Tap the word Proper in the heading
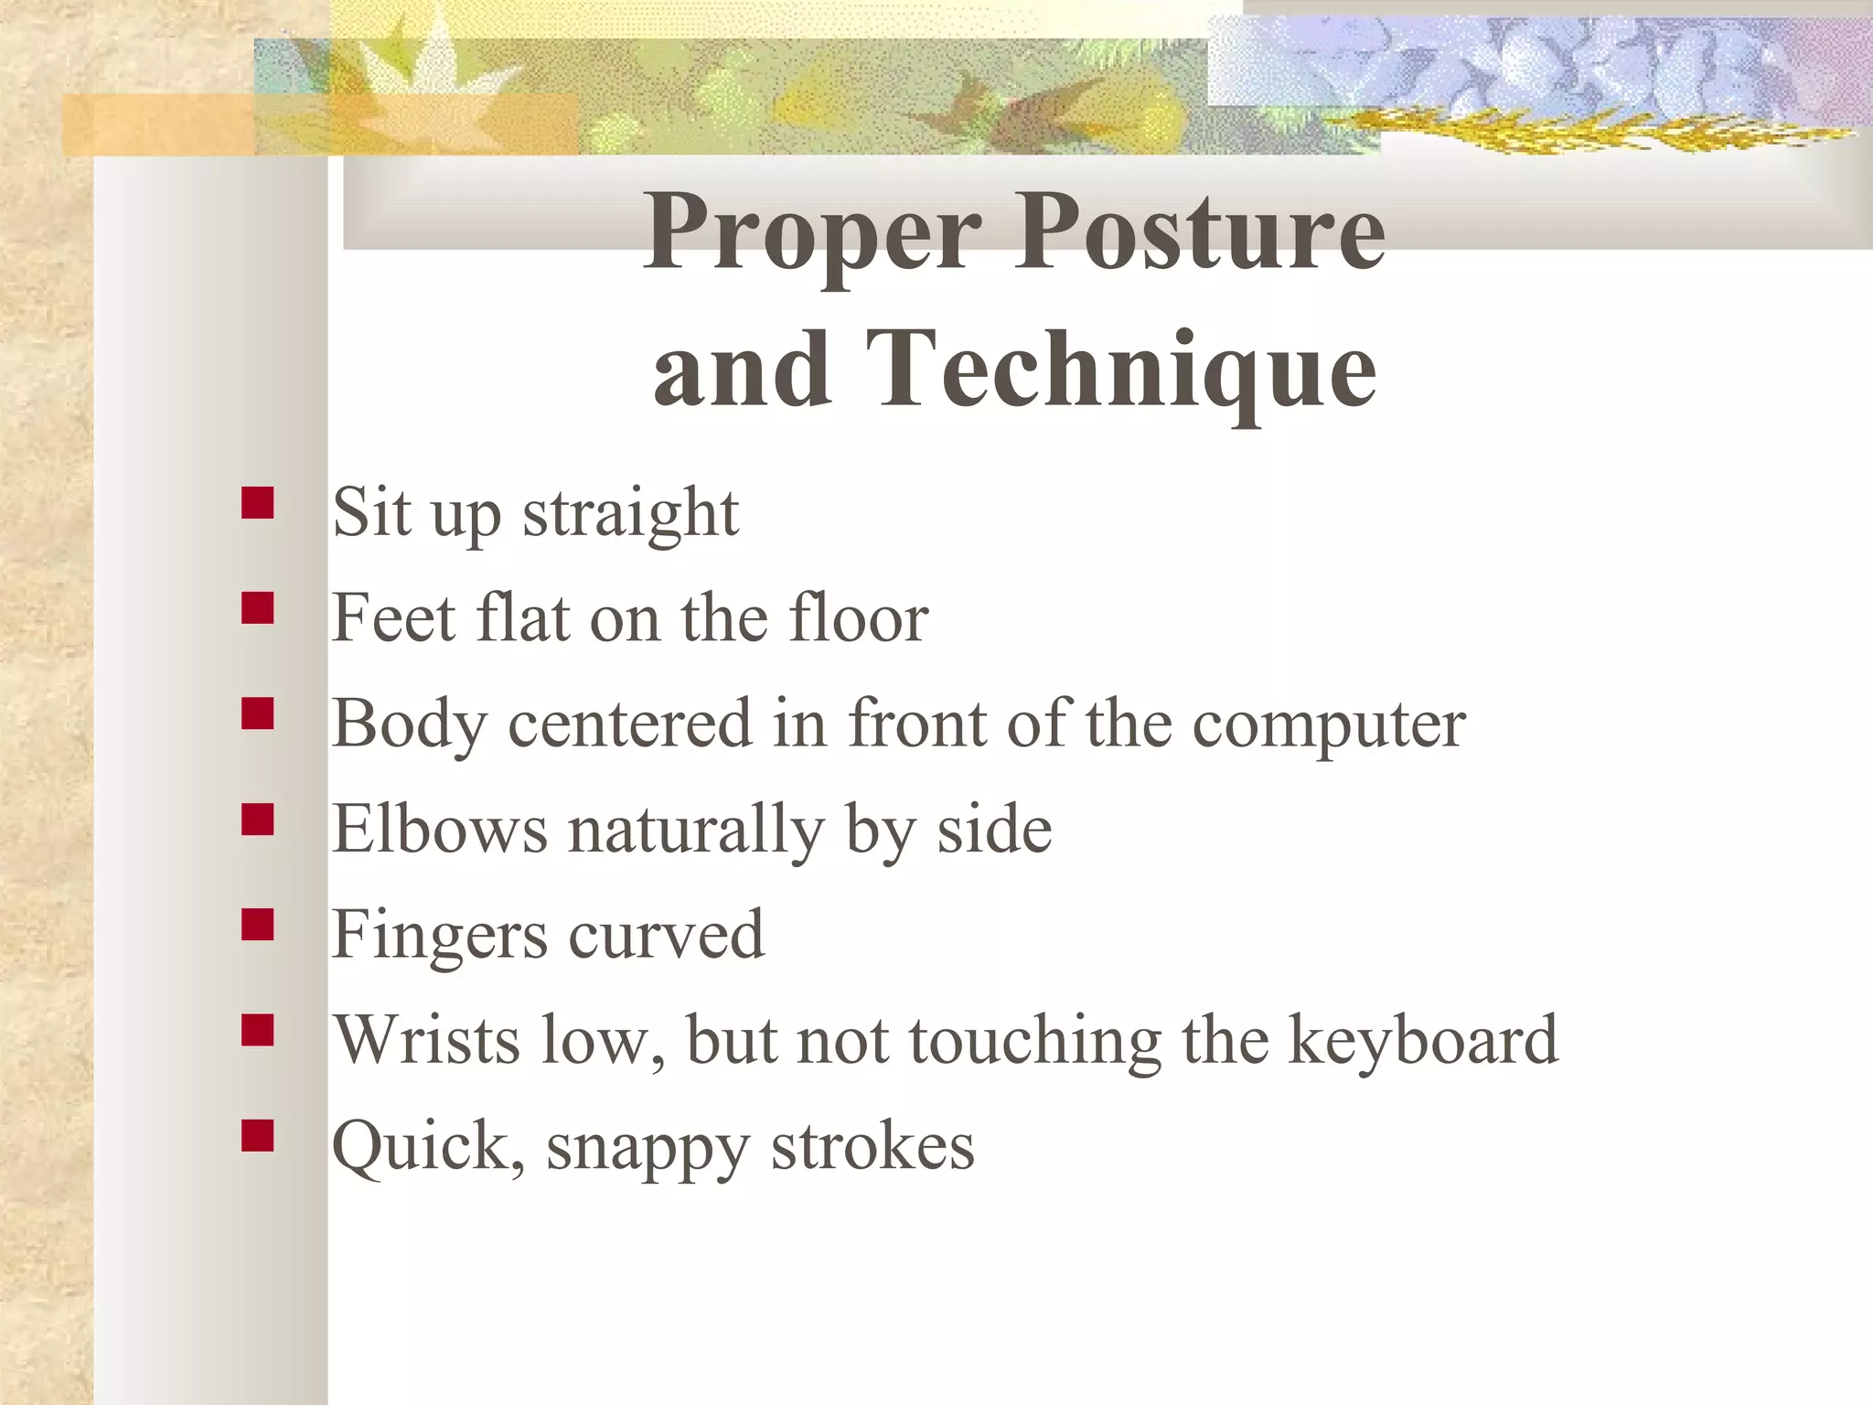coord(812,234)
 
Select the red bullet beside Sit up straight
coord(258,503)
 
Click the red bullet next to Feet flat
coord(258,608)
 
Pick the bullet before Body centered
coord(258,713)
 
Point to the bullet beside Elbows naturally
coord(258,820)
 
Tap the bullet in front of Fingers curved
coord(258,925)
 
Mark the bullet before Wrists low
coord(258,1030)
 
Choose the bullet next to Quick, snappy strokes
coord(258,1136)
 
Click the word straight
coord(630,515)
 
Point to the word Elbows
coord(439,829)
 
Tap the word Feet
coord(393,618)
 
